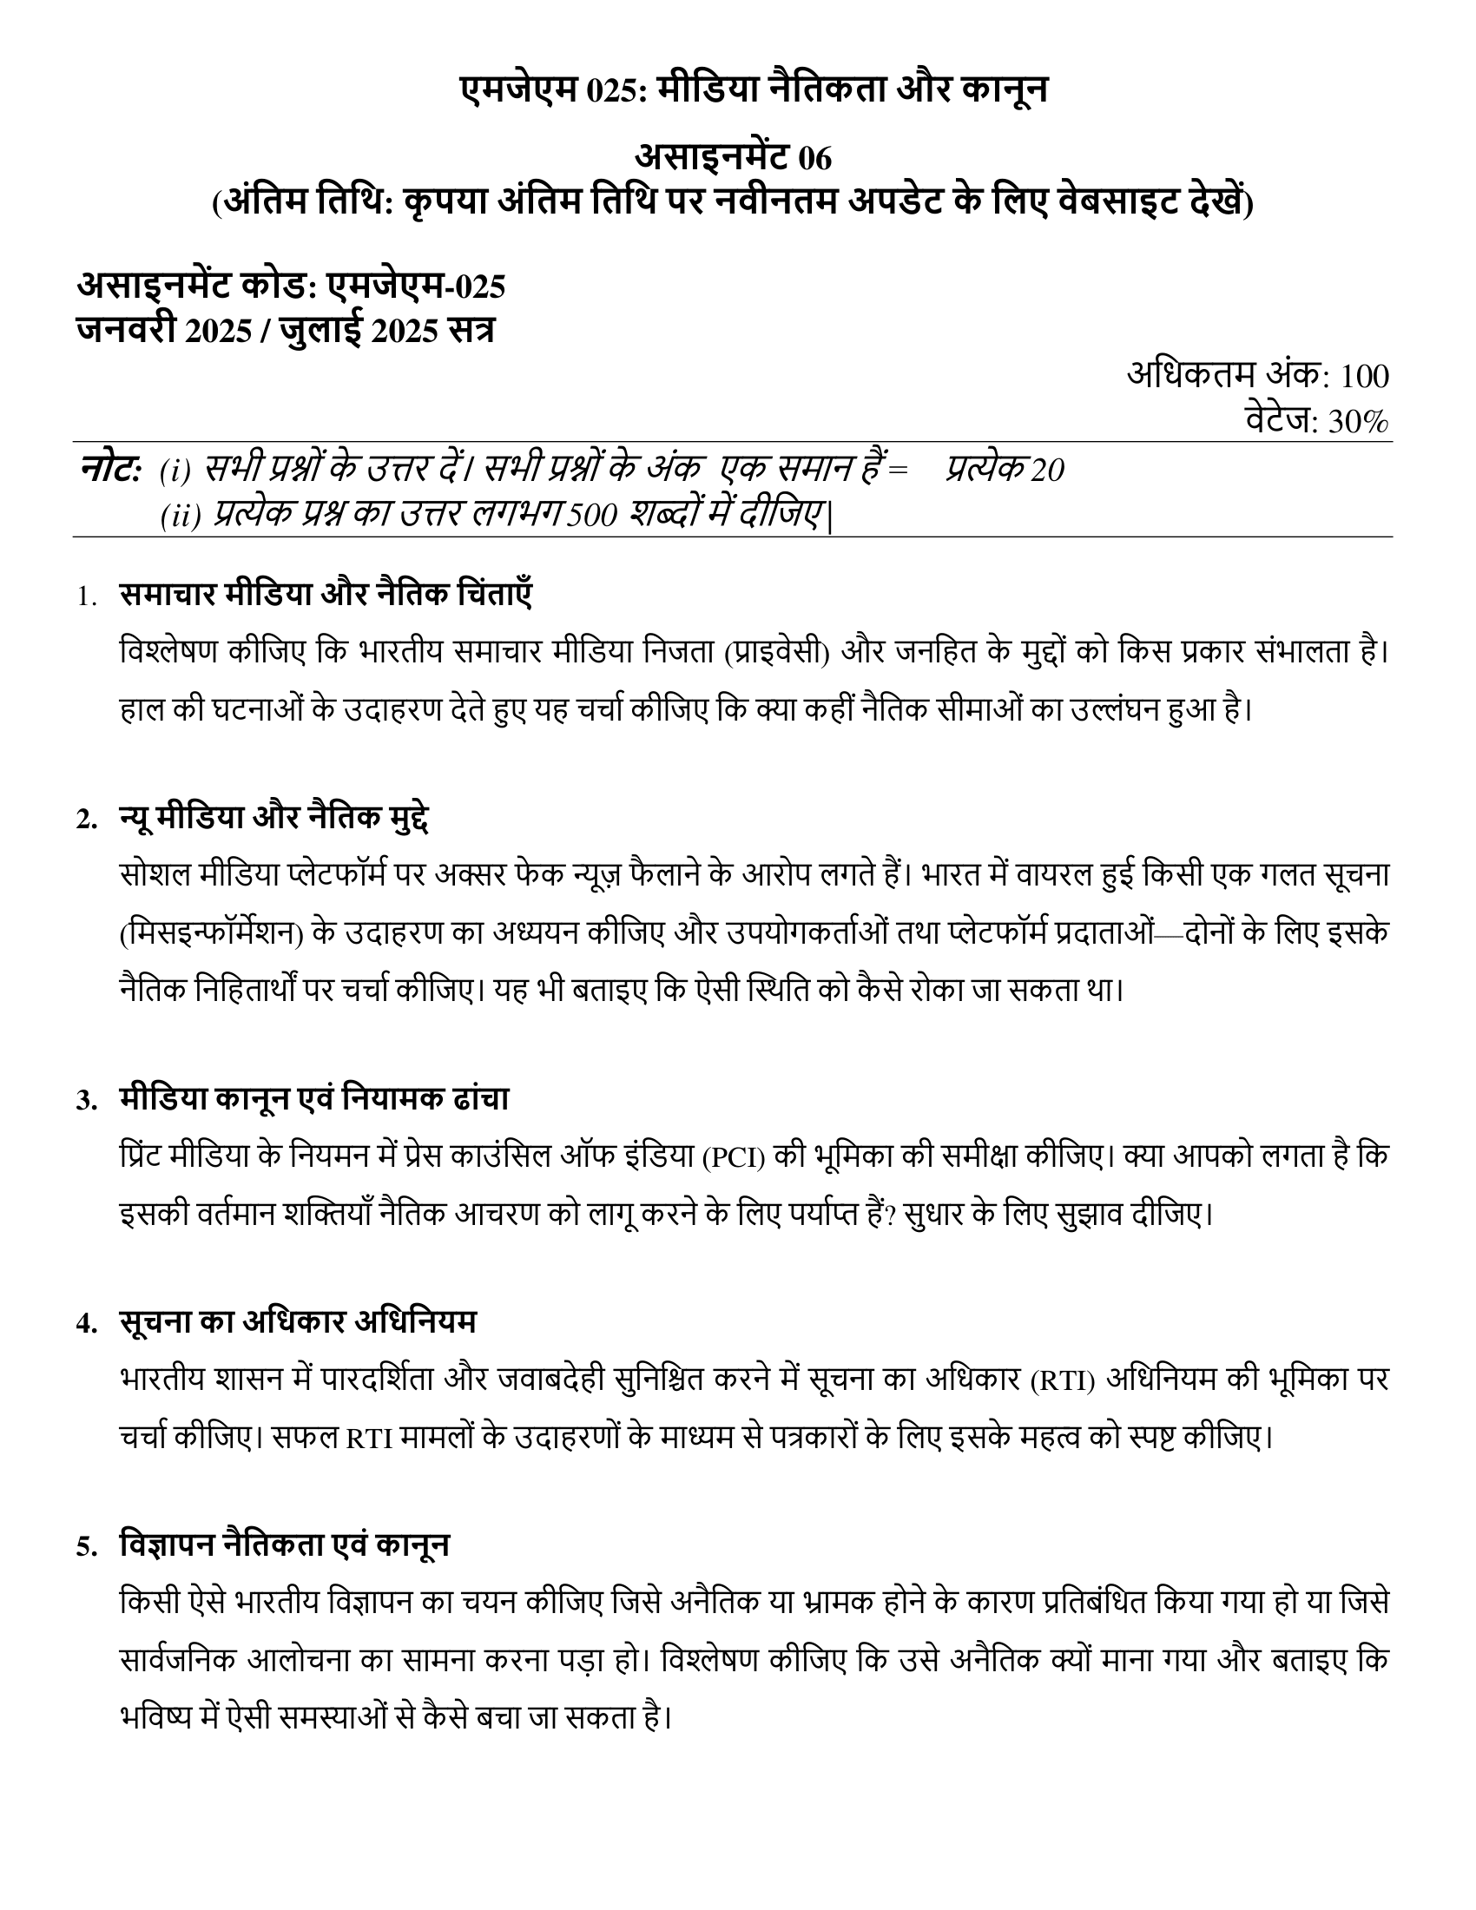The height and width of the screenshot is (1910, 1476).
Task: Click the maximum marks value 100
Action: coord(1364,377)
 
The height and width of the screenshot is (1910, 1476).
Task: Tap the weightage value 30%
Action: coord(1358,423)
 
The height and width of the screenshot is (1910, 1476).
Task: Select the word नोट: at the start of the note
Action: coord(109,470)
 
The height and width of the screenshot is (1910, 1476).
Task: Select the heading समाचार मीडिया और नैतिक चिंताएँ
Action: coord(326,596)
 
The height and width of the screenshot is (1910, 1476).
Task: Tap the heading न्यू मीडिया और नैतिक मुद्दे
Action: coord(273,819)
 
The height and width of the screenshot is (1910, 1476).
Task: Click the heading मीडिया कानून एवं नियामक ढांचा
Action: coord(314,1099)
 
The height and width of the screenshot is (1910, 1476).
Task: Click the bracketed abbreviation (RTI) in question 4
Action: coord(1063,1381)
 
